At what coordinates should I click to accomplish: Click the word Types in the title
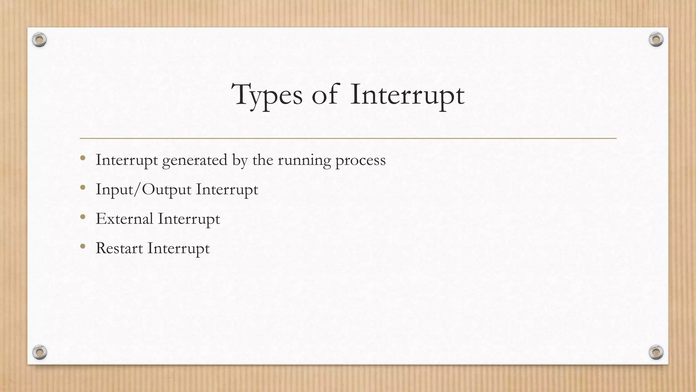point(267,95)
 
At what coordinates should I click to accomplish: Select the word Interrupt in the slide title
point(407,95)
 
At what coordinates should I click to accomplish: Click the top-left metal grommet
point(39,40)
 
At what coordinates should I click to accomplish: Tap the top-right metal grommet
point(656,40)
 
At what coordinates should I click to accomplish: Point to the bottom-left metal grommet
point(39,352)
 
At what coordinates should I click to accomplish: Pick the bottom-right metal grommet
point(656,352)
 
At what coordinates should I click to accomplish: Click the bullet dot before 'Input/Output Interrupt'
point(83,187)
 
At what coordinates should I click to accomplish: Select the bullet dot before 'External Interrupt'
point(83,217)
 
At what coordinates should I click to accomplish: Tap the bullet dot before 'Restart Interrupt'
point(83,246)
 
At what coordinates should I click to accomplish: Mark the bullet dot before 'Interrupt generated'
point(83,158)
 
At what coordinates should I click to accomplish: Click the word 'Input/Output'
point(143,190)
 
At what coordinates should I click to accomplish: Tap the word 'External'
point(124,218)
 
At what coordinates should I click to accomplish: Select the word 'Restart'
point(119,248)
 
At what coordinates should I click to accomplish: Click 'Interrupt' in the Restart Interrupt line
point(178,248)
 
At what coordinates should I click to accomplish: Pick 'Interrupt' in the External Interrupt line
point(189,219)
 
